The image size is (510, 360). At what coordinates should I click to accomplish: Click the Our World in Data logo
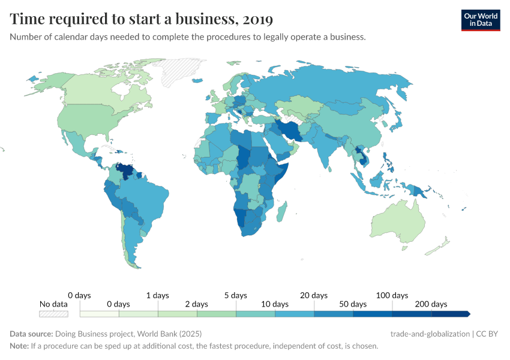(x=480, y=19)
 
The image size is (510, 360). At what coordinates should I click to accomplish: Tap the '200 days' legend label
(x=431, y=304)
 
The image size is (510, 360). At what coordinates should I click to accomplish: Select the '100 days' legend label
(x=392, y=295)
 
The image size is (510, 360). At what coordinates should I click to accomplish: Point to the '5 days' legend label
(x=235, y=295)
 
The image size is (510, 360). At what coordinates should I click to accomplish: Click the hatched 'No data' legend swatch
(x=53, y=314)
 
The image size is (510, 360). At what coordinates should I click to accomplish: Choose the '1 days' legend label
(x=157, y=295)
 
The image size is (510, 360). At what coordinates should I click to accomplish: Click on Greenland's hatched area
(x=183, y=70)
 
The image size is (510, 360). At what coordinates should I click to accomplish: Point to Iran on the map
(x=290, y=131)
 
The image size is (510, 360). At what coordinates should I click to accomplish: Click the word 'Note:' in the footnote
(x=19, y=346)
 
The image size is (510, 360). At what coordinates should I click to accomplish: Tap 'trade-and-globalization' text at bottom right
(x=430, y=334)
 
